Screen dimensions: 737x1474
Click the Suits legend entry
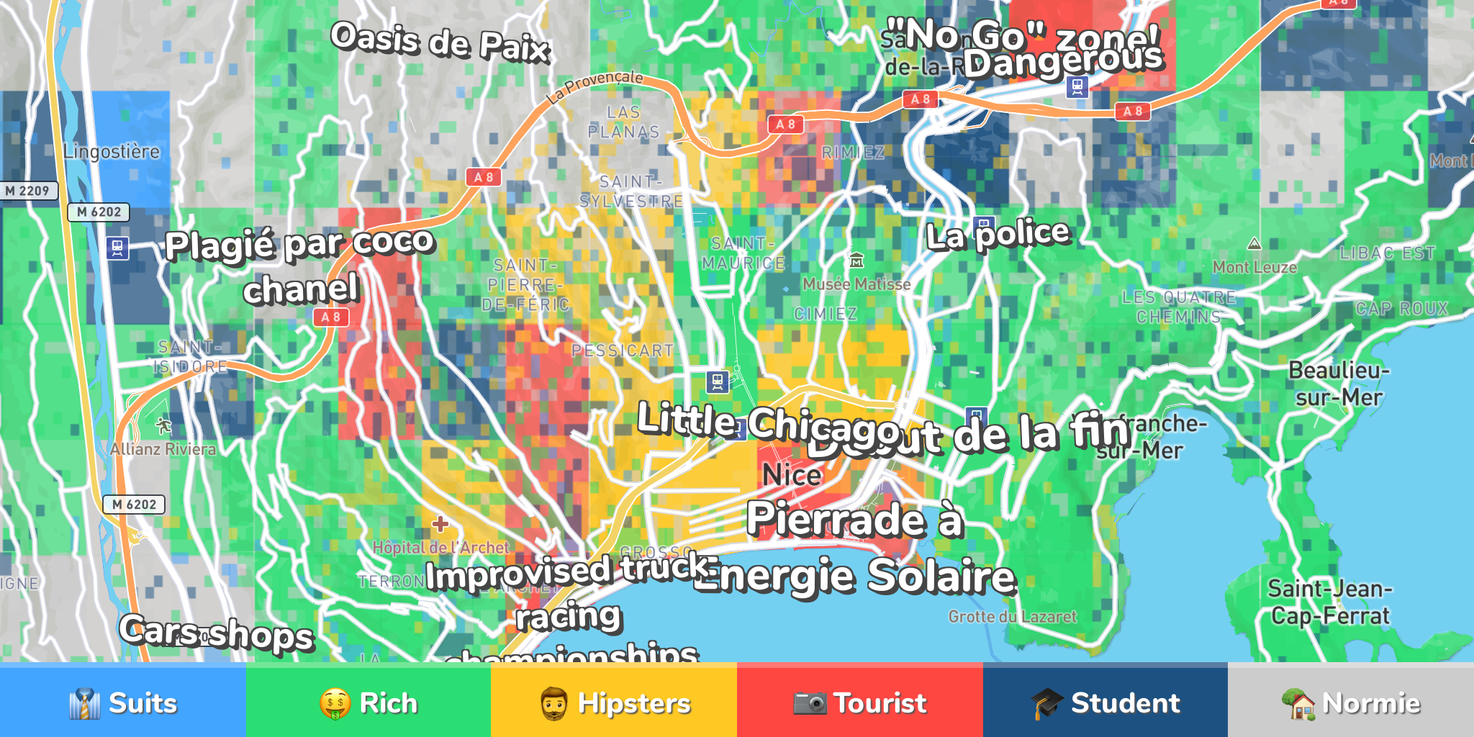(122, 702)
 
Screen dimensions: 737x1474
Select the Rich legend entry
(368, 702)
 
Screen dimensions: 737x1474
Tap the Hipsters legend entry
(614, 702)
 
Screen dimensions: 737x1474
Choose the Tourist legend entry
(859, 702)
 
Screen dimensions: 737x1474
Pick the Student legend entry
(1105, 702)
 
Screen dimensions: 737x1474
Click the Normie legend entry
(1350, 702)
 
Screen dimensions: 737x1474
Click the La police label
(998, 235)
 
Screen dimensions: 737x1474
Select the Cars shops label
(217, 633)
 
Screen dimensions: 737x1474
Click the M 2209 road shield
(27, 191)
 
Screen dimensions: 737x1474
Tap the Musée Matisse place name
(856, 284)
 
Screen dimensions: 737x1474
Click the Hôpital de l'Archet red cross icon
(440, 524)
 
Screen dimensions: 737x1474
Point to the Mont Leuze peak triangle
(1254, 244)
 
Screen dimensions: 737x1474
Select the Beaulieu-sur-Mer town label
(1338, 384)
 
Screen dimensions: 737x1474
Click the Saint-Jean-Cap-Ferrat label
(1329, 602)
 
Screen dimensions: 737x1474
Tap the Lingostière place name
(112, 152)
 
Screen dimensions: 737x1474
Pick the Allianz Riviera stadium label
(163, 449)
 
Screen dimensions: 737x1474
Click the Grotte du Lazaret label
(1012, 617)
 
